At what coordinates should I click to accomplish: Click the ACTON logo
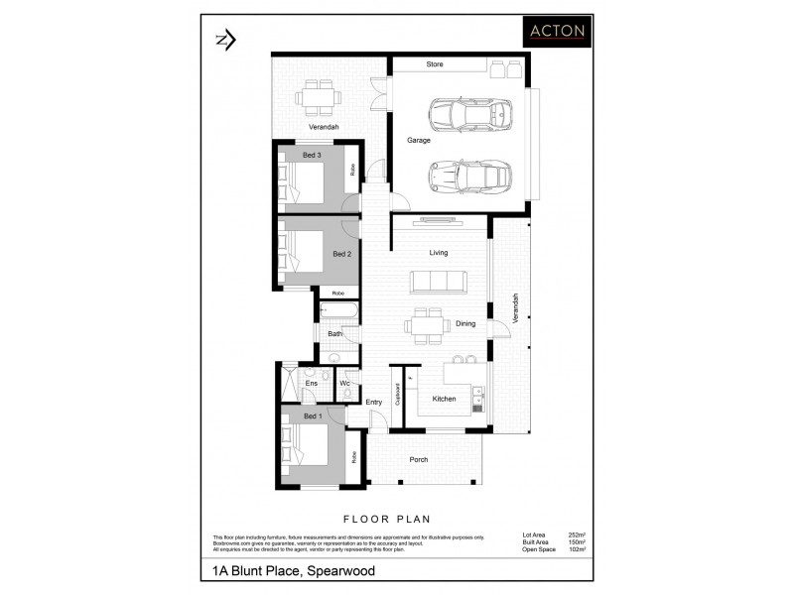(557, 31)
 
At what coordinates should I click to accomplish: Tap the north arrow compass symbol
(224, 40)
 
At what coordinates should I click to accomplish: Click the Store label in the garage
(435, 64)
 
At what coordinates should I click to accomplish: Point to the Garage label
(418, 141)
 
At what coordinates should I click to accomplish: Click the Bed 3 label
(312, 155)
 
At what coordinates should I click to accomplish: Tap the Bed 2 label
(341, 255)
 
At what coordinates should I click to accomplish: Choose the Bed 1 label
(312, 416)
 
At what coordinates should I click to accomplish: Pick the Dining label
(465, 323)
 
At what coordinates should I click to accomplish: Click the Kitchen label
(444, 399)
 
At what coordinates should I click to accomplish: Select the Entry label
(374, 402)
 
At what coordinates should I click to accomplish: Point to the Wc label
(344, 383)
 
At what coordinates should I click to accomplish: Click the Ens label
(311, 383)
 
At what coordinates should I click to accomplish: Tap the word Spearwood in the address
(339, 571)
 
